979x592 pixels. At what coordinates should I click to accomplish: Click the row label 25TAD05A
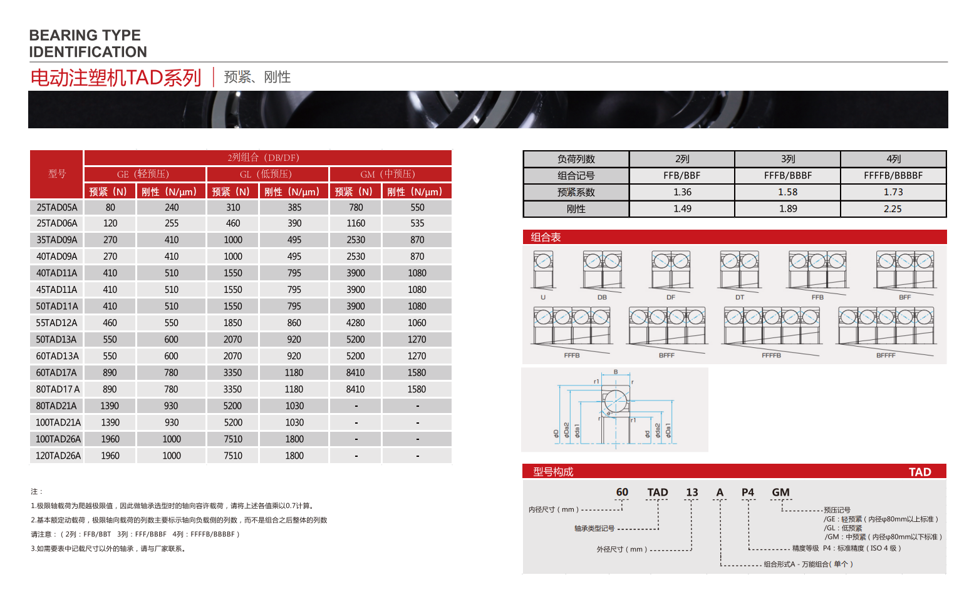57,207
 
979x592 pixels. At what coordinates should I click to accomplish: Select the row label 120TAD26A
58,456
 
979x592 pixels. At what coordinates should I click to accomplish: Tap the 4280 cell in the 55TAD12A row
355,323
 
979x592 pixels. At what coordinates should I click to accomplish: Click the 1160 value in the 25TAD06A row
356,223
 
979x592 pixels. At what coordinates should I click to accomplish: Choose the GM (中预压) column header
388,174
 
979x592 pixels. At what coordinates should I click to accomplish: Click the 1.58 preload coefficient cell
787,192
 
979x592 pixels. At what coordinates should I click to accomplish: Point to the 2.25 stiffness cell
893,208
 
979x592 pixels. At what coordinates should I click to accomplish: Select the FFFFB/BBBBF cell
893,175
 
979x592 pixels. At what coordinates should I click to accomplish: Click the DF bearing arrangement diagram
671,271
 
